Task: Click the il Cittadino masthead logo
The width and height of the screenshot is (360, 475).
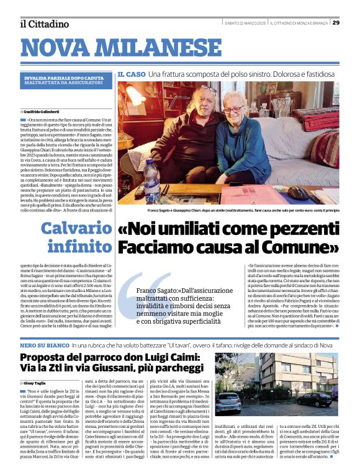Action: pyautogui.click(x=44, y=24)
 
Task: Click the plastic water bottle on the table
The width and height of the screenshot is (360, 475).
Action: pyautogui.click(x=151, y=180)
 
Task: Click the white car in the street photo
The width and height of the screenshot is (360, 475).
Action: pyautogui.click(x=229, y=403)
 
